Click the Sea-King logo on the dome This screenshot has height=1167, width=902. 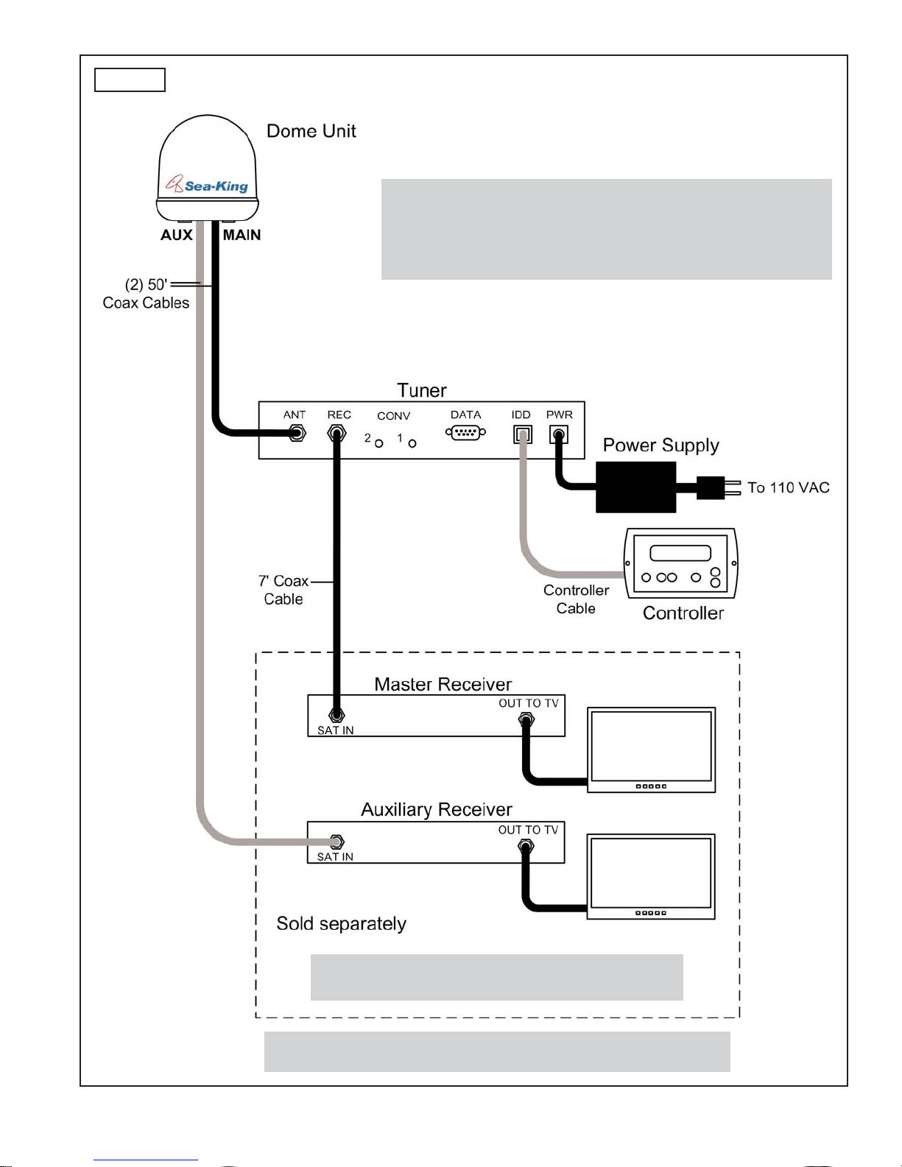(207, 185)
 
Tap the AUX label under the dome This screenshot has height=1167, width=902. (176, 235)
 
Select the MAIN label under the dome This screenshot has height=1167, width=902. (242, 235)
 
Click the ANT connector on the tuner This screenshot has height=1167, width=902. (296, 432)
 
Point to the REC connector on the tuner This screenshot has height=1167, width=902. (337, 433)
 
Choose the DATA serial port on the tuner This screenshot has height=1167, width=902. (465, 432)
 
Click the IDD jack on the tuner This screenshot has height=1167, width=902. (522, 434)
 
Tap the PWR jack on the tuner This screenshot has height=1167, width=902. (559, 434)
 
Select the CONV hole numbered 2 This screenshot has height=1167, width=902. (379, 443)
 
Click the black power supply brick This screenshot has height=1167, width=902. (635, 487)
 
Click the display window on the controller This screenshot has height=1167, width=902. (680, 553)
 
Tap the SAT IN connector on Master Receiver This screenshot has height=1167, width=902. (337, 716)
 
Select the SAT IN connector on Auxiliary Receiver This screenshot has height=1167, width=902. (337, 842)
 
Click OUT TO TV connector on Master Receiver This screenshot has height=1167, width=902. (526, 720)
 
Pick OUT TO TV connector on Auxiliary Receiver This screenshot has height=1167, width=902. (526, 847)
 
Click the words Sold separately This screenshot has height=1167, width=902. (342, 924)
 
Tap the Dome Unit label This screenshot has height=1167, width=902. (311, 131)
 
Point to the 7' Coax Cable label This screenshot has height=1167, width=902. (283, 590)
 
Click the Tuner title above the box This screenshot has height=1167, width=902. (421, 390)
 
